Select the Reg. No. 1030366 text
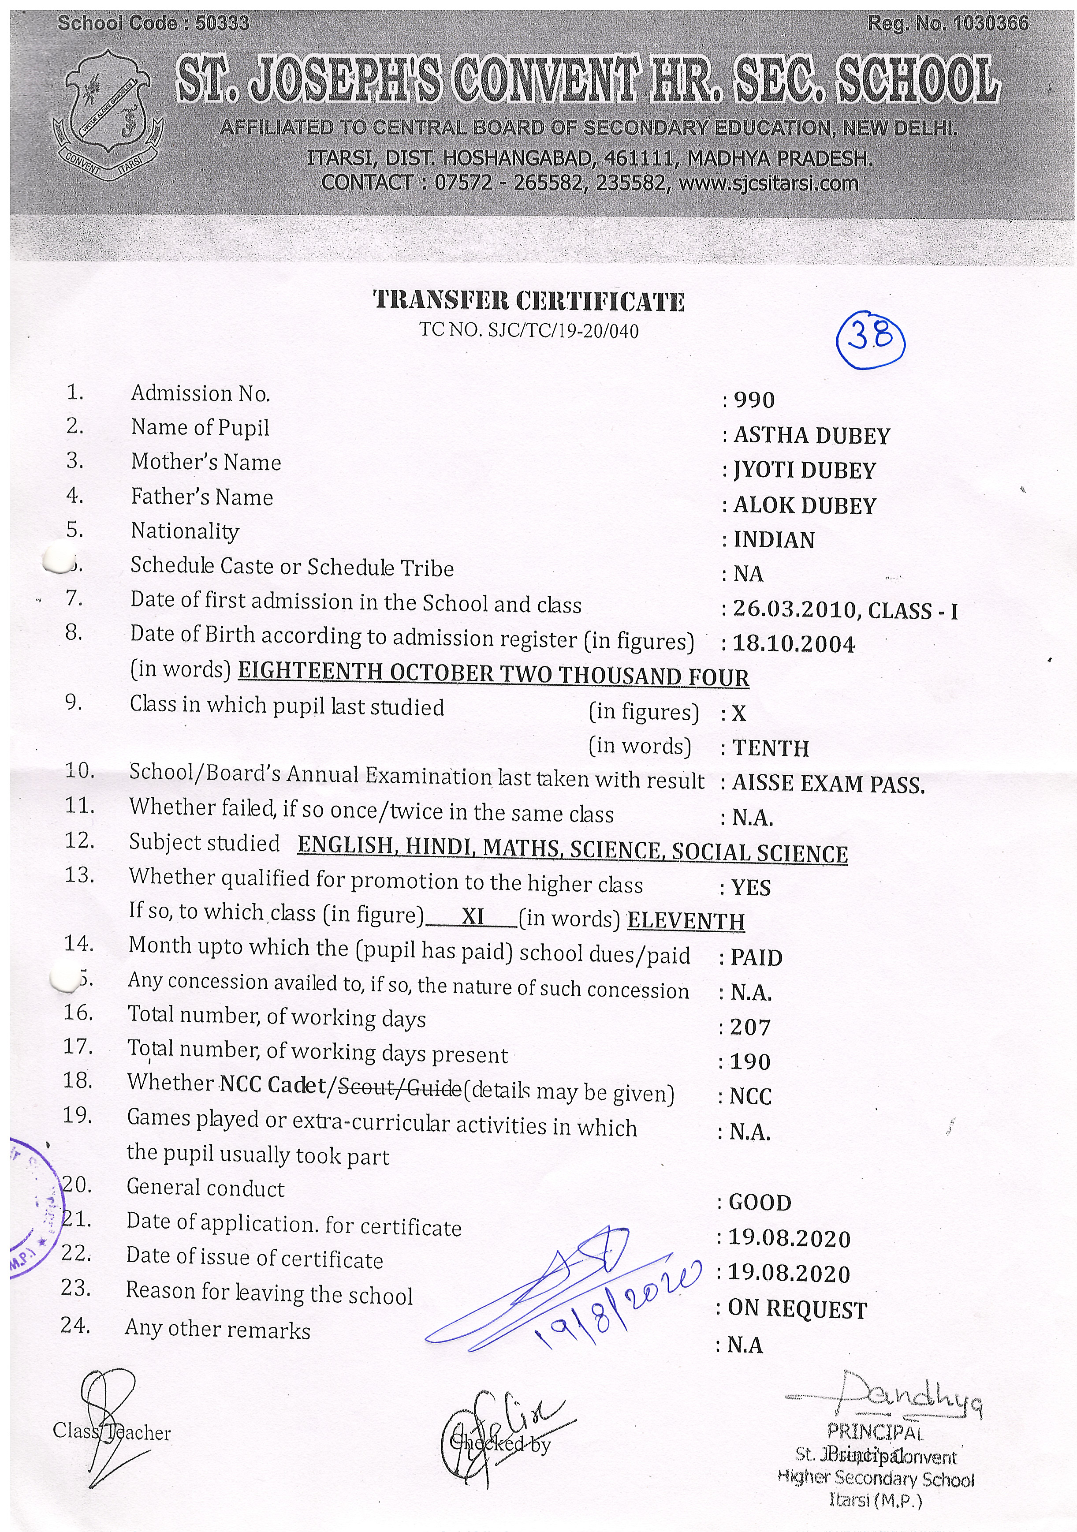tap(948, 24)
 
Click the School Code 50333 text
tap(153, 24)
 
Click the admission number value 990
tap(753, 400)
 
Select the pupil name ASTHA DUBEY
tap(812, 436)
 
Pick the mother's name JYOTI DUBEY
tap(804, 471)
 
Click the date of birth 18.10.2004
tap(794, 644)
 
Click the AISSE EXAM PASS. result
tap(828, 784)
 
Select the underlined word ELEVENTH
tap(686, 922)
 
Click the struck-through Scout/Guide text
tap(399, 1089)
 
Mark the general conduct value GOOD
tap(760, 1203)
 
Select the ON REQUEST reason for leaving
tap(797, 1309)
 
